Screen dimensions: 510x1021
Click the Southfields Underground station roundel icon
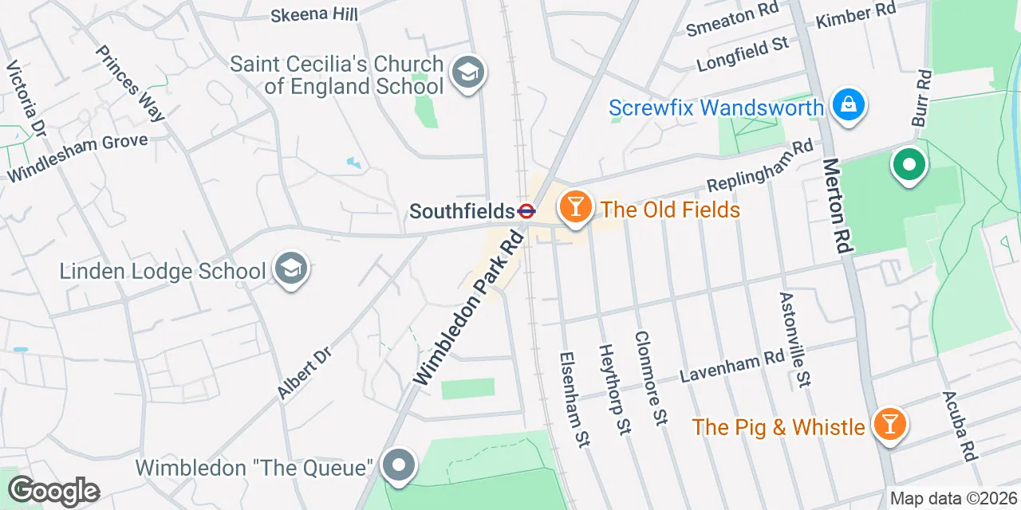pos(526,212)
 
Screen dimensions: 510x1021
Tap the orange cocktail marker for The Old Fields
pos(574,207)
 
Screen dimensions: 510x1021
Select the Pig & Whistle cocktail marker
pos(889,424)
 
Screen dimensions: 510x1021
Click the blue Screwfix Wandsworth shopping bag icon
pos(848,104)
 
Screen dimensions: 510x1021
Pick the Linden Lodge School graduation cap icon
pos(290,269)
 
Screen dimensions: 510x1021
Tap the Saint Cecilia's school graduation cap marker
pos(467,73)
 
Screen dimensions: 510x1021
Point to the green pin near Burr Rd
pos(908,165)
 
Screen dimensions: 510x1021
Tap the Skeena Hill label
pos(313,14)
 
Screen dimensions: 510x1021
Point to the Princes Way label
pos(130,83)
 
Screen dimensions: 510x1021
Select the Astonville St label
pos(794,339)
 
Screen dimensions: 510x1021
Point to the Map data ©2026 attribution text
pos(953,499)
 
